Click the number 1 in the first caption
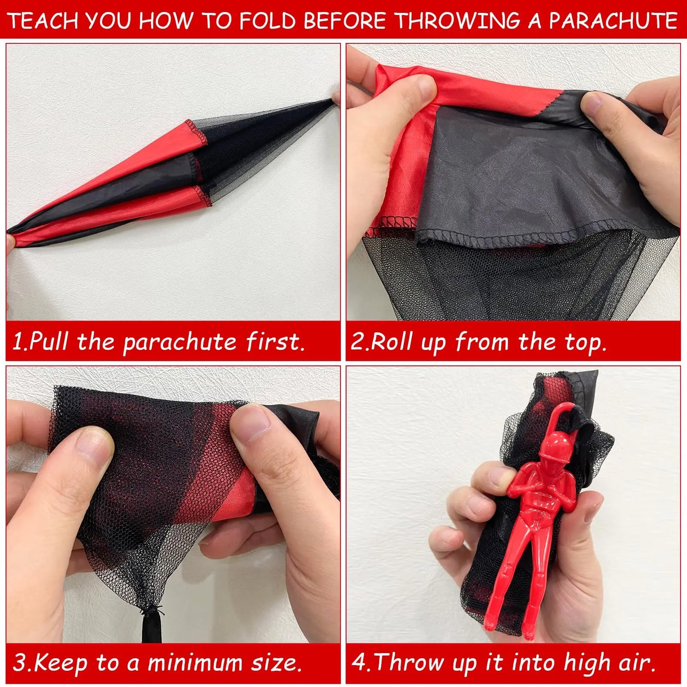point(18,341)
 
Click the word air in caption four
point(635,662)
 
